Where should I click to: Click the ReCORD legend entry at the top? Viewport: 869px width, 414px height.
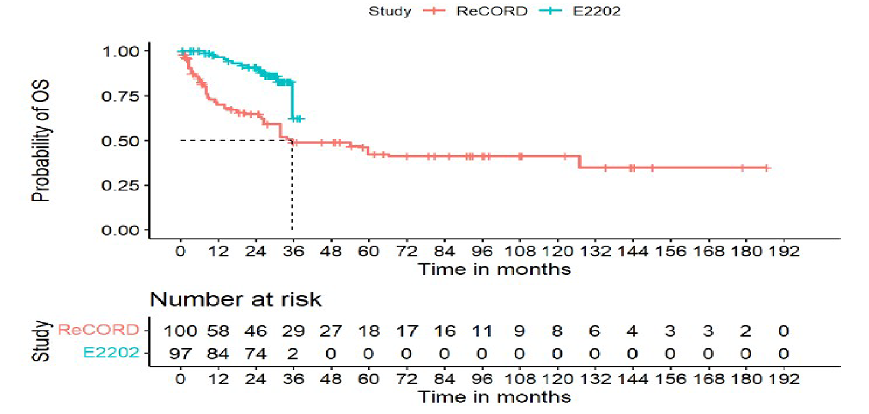click(x=491, y=11)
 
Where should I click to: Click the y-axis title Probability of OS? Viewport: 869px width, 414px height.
click(x=42, y=140)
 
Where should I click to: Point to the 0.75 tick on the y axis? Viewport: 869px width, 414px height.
click(x=122, y=96)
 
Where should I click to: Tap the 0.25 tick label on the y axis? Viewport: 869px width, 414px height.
click(x=122, y=185)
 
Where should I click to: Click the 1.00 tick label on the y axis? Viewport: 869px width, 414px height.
click(x=122, y=51)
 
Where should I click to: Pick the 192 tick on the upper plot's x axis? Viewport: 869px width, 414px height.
click(x=783, y=250)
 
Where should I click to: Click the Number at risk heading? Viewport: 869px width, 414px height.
click(x=235, y=299)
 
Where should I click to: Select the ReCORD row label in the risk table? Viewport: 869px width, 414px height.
click(x=98, y=330)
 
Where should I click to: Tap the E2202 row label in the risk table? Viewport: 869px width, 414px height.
click(x=112, y=353)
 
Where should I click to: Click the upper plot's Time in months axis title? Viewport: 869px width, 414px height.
click(x=494, y=269)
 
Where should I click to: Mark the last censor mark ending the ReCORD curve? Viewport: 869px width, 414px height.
click(x=766, y=168)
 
